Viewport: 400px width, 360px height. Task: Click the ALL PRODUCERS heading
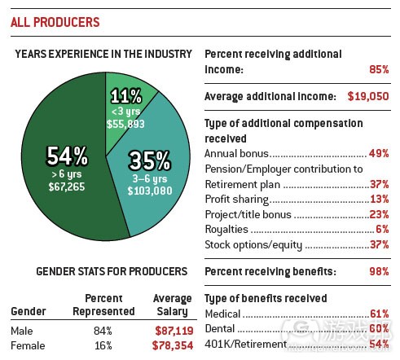click(55, 22)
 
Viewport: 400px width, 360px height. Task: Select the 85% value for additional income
click(377, 71)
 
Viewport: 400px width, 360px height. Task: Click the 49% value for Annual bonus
click(377, 153)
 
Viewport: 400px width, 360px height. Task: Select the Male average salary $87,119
click(171, 331)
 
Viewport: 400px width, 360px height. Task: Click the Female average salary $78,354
click(171, 345)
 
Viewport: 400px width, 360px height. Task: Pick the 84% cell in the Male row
click(103, 331)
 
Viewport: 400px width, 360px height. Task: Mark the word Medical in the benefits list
click(223, 314)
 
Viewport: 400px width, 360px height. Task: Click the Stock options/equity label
click(253, 244)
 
